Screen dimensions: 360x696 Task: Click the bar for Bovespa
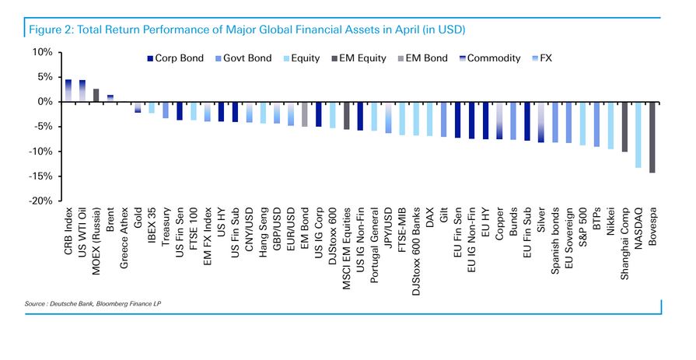[x=652, y=137]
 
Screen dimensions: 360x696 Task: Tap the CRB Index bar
[x=68, y=90]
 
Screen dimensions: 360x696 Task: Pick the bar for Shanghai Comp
[x=624, y=126]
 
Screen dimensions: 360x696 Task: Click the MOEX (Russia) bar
[x=96, y=95]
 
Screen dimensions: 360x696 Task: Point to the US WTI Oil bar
[x=82, y=91]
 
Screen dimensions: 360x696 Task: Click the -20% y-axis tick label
[x=40, y=201]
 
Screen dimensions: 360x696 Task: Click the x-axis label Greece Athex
[x=124, y=239]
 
